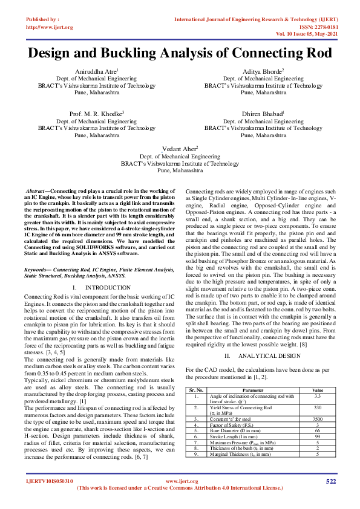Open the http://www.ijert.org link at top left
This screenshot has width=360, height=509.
point(49,27)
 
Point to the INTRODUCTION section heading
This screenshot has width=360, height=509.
point(103,287)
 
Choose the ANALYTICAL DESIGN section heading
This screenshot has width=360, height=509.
point(267,339)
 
